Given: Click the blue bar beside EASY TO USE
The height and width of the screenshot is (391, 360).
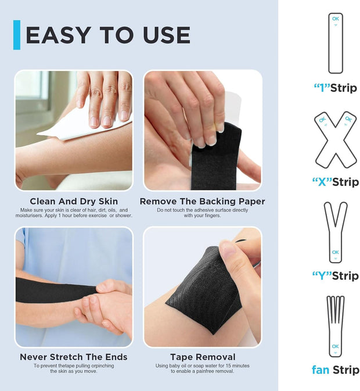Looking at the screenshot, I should (17, 35).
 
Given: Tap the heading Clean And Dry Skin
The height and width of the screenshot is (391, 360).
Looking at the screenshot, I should (74, 202).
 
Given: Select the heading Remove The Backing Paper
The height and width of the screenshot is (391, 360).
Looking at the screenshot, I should (203, 202).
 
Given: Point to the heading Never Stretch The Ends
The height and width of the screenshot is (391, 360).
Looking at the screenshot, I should (74, 357).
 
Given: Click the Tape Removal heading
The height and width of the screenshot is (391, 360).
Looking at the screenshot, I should (203, 357).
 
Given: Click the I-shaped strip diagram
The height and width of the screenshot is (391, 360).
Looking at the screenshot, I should (336, 44).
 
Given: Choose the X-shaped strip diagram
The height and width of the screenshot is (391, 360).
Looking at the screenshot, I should (336, 139).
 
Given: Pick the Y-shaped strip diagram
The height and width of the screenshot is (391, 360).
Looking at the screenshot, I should (336, 232).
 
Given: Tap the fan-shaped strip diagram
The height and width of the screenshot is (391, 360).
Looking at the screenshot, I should (336, 326).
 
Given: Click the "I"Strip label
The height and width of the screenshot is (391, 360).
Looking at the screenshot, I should (336, 88).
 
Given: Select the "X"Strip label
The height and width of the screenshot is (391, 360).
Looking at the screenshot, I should (336, 182).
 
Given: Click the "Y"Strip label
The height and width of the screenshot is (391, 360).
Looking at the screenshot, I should (336, 275).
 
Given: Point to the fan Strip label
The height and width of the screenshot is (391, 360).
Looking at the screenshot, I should (336, 370).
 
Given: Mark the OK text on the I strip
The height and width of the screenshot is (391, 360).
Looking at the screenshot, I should (336, 19).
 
